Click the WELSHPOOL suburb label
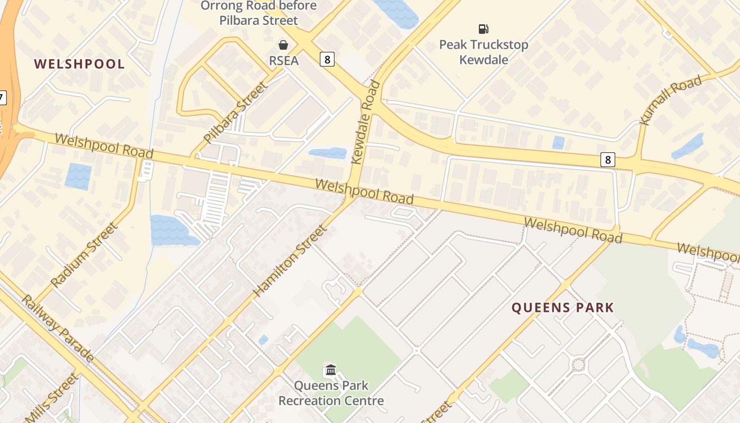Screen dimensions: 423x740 (79, 64)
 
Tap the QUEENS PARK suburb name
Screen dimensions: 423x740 (562, 308)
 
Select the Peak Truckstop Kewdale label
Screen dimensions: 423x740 (483, 52)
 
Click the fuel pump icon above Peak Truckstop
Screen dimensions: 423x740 (483, 29)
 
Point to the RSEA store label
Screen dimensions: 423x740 (284, 60)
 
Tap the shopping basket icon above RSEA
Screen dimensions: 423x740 (283, 44)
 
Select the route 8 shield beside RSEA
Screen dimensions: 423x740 (327, 59)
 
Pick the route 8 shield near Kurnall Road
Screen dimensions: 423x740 (608, 159)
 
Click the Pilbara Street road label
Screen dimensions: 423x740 (236, 113)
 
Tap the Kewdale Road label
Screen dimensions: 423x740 (366, 122)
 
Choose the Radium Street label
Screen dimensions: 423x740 (84, 255)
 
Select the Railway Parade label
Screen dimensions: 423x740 (57, 328)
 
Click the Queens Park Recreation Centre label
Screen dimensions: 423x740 (331, 393)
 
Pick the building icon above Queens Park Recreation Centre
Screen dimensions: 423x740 (331, 370)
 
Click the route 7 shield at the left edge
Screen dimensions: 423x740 (2, 98)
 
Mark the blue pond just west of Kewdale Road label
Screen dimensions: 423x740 (327, 153)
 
